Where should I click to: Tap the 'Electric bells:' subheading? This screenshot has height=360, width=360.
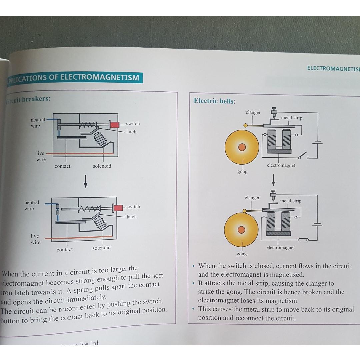(x=215, y=101)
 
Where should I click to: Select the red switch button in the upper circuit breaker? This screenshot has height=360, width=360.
(x=115, y=125)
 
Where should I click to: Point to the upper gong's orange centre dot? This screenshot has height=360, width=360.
(x=242, y=147)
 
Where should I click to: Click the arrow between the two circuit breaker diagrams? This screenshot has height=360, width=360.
(x=86, y=181)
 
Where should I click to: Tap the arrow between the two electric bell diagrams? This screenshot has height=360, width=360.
(x=273, y=180)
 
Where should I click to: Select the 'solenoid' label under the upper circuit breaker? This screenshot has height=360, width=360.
(x=102, y=166)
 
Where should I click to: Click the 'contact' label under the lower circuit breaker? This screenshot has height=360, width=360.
(x=65, y=249)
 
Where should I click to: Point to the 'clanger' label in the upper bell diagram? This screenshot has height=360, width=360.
(x=253, y=112)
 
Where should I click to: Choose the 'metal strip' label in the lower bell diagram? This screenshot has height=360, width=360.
(x=291, y=201)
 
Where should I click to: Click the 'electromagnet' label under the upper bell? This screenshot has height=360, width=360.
(x=281, y=165)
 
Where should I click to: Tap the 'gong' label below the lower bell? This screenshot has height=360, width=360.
(x=242, y=254)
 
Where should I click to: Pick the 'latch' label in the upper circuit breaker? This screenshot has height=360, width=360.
(x=131, y=132)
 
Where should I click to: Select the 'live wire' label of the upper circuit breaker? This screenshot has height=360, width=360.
(x=41, y=156)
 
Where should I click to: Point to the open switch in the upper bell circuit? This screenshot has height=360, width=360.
(x=303, y=156)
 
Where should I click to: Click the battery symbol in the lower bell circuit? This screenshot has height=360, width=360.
(x=317, y=224)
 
